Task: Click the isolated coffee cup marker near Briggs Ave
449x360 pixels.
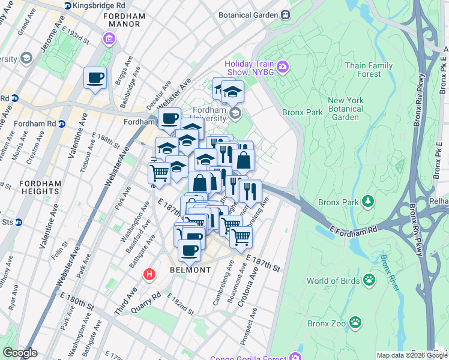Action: (x=95, y=78)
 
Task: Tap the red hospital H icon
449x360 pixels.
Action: (x=149, y=275)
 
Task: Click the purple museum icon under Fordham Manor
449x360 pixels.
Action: (x=109, y=40)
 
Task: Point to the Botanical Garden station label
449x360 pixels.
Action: (x=249, y=14)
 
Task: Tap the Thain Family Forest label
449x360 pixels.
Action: (x=369, y=70)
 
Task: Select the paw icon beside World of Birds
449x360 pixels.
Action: (x=369, y=280)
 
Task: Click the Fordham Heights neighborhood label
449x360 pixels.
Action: (x=29, y=187)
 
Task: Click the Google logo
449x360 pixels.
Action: (x=20, y=353)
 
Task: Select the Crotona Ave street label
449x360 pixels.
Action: (x=247, y=287)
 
